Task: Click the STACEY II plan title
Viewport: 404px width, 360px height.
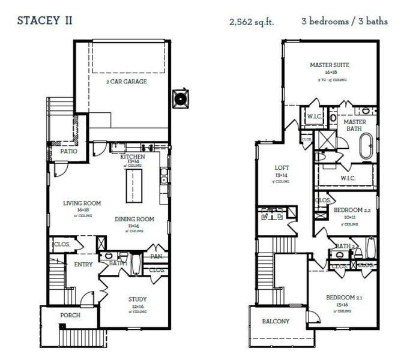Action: point(45,20)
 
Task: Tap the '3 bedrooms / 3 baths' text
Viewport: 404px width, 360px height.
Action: point(344,21)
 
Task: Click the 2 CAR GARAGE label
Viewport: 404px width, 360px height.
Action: point(126,82)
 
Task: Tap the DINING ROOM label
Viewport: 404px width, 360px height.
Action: point(134,219)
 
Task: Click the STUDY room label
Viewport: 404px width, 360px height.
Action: point(137,299)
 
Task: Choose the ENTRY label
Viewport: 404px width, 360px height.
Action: point(83,265)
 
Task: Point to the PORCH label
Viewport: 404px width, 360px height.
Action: point(70,315)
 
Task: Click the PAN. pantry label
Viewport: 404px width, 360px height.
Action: point(157,256)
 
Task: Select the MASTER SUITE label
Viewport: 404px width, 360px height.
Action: point(330,65)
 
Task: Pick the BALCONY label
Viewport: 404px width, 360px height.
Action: point(276,321)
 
